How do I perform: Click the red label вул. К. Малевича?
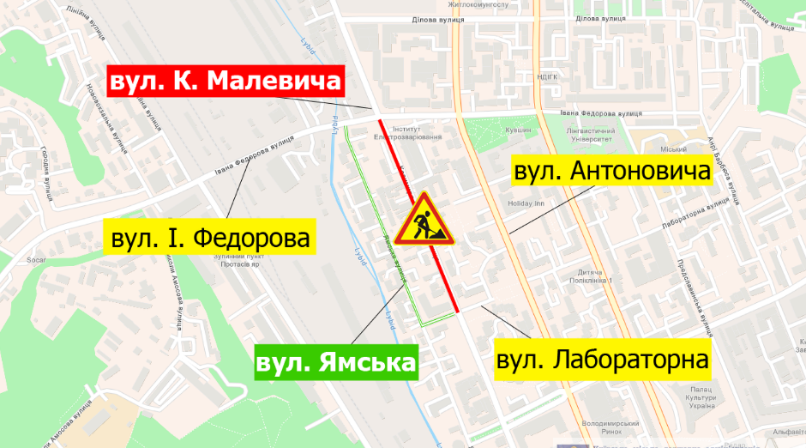225,82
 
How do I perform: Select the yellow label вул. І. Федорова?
209,238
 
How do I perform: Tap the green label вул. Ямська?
335,362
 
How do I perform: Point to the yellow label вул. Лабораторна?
604,360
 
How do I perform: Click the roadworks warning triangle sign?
422,221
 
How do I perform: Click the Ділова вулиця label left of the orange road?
437,19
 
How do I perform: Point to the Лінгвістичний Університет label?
589,134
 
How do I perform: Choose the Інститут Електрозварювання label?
409,132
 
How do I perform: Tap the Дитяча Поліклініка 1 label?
598,277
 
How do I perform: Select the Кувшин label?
518,130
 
